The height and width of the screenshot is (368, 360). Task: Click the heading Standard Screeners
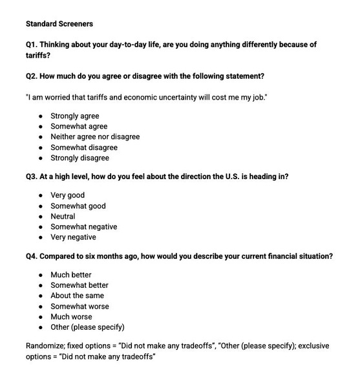point(59,24)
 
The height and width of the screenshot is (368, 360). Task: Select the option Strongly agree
point(75,116)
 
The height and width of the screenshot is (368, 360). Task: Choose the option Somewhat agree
point(79,126)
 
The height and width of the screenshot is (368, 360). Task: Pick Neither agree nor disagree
point(95,136)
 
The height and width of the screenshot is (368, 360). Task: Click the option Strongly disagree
point(79,158)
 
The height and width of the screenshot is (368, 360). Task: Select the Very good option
point(67,195)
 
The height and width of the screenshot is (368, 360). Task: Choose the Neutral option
point(63,216)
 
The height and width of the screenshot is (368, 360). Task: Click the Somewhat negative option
point(83,227)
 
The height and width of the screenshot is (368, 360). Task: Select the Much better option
point(71,275)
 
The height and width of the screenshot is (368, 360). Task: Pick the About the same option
point(76,296)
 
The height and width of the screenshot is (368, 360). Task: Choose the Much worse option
point(71,317)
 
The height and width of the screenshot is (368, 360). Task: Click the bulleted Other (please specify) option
point(87,327)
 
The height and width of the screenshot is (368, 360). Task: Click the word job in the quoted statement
point(259,97)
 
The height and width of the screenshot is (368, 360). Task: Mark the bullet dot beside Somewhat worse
point(41,307)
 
